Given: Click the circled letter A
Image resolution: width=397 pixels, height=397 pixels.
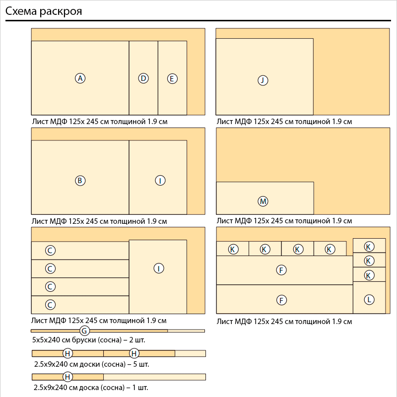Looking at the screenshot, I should [80, 78].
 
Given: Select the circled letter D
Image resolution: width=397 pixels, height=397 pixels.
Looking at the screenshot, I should [143, 78].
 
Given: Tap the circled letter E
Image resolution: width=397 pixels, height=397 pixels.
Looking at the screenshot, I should [172, 79].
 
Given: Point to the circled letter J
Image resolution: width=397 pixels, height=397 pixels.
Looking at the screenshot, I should [263, 80].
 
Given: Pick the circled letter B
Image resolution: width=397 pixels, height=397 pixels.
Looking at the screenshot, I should [80, 181].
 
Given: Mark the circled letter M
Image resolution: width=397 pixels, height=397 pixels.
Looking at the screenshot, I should [263, 201].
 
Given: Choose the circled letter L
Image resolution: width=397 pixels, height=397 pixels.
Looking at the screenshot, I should [369, 299].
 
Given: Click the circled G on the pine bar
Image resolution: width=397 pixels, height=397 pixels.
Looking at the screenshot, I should [84, 331].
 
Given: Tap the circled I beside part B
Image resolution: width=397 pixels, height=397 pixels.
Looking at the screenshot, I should [160, 181].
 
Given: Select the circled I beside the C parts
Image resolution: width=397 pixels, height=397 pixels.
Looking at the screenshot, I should [158, 268].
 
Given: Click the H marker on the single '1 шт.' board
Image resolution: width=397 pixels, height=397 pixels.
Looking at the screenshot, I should [68, 377].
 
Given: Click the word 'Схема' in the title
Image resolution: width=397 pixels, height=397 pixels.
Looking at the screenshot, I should [22, 11].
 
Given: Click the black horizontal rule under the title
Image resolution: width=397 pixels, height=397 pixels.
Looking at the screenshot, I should [198, 21].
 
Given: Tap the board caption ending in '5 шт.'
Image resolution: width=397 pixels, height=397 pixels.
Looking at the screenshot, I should [92, 364].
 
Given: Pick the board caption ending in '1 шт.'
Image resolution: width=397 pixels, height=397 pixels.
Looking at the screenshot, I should [91, 387].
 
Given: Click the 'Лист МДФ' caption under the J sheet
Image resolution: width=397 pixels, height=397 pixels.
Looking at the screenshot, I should [284, 121].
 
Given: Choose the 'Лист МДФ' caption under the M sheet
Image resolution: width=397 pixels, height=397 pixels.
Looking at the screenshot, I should [284, 220].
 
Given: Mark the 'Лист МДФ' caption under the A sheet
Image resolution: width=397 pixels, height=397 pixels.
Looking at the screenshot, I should [99, 121].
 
